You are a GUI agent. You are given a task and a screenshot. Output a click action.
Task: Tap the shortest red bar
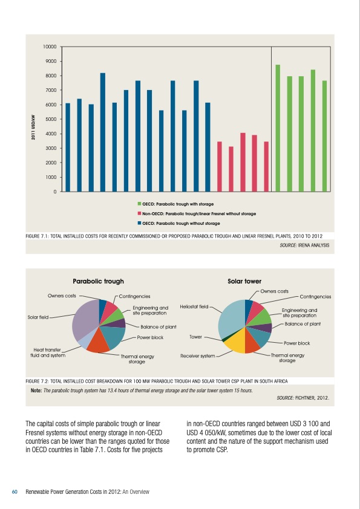click(231, 169)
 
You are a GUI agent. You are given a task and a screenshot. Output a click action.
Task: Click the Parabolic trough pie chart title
click(98, 281)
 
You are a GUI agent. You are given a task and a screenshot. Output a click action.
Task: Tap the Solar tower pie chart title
click(244, 281)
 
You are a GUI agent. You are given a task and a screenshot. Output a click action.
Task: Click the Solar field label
click(38, 316)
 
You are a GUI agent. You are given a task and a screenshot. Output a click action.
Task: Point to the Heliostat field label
click(194, 307)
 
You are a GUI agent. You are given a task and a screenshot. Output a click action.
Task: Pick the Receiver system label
click(198, 356)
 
